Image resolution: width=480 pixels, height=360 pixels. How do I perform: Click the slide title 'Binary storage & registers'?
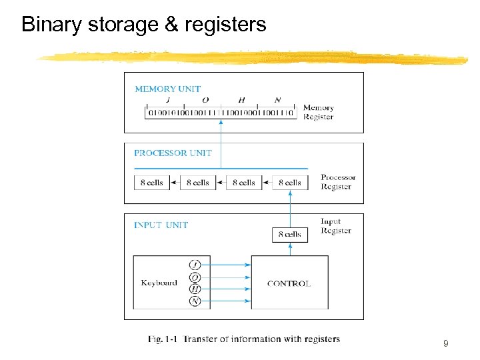coord(143,25)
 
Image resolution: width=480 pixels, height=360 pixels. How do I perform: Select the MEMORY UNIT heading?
coord(167,89)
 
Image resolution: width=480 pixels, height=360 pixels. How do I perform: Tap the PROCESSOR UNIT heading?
coord(173,153)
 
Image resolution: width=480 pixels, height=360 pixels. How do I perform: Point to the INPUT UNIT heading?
coord(161,225)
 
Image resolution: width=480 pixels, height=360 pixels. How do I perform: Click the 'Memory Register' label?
coord(318,112)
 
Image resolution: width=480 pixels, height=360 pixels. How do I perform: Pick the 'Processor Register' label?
coord(338,182)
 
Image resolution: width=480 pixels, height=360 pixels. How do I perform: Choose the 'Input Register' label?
coord(335,226)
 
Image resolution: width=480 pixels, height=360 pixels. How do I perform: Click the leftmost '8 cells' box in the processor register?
coord(152,183)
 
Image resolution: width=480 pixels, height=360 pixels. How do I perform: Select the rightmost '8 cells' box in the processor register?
coord(289,183)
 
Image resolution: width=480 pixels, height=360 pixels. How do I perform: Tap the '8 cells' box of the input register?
coord(289,234)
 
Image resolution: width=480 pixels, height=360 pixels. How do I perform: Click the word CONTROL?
coord(289,283)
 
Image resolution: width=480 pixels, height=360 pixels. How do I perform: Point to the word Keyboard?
coord(159,283)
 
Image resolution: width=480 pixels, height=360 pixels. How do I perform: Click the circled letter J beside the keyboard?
coord(195,265)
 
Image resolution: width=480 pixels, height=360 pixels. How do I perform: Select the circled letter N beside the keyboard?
coord(195,301)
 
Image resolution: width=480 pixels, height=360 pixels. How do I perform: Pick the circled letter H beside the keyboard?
coord(195,289)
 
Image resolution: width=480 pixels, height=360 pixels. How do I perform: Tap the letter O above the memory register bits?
coord(205,100)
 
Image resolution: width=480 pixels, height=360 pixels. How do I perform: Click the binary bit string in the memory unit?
coord(221,113)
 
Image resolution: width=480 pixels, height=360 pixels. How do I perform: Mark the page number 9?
coord(445,344)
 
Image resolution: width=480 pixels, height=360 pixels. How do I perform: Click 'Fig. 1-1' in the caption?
coord(163,339)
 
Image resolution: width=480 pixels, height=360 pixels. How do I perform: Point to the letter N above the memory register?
coord(277,100)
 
